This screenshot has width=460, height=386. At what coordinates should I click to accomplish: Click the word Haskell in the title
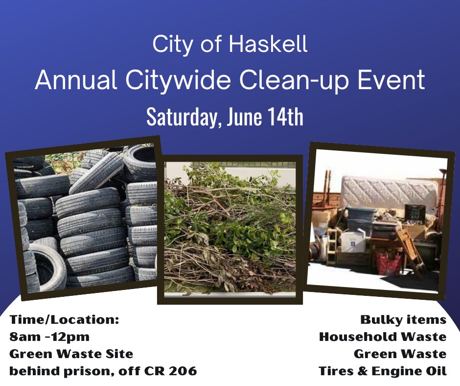click(268, 44)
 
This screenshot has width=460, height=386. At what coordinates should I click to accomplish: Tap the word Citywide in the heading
click(178, 80)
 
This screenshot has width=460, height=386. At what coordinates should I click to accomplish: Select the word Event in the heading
click(391, 80)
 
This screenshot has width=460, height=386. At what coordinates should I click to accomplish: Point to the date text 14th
click(285, 117)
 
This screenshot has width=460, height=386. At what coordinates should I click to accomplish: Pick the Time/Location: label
click(64, 319)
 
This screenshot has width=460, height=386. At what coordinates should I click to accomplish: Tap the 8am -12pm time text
click(49, 337)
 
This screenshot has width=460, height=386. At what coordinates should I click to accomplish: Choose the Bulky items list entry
click(403, 319)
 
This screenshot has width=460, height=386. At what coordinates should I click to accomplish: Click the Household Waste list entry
click(383, 337)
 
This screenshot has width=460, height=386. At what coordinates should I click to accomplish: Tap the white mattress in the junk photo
click(388, 192)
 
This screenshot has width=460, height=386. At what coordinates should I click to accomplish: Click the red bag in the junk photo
click(389, 264)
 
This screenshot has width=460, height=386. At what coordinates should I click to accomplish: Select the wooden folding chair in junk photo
click(411, 250)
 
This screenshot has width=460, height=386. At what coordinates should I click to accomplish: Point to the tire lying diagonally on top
click(97, 172)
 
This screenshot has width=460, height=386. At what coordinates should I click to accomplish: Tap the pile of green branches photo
click(230, 229)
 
